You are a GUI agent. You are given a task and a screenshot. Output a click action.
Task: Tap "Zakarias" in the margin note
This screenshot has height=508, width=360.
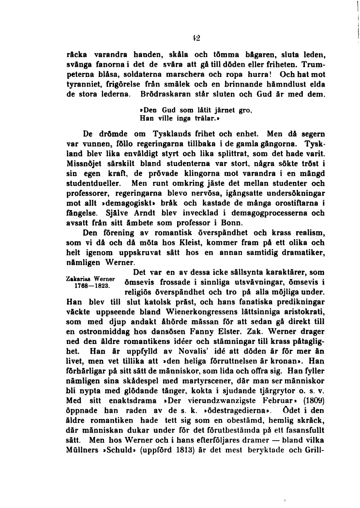78,279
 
